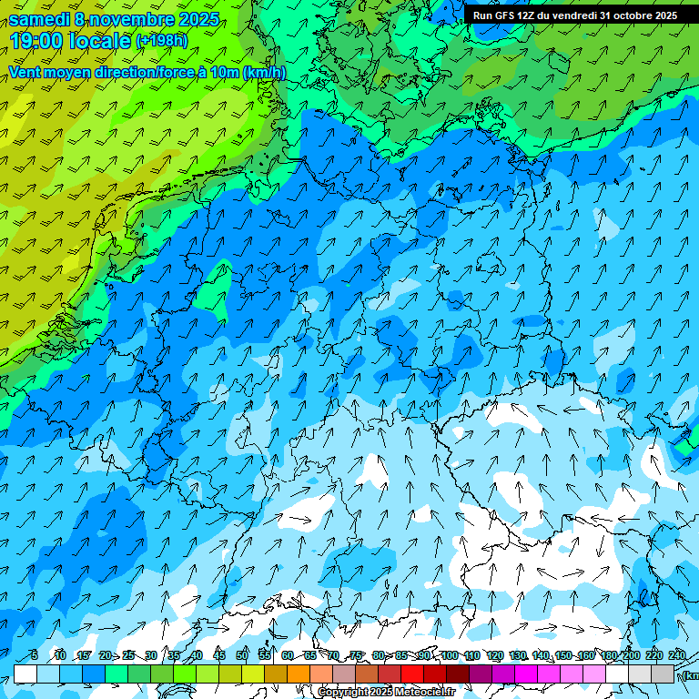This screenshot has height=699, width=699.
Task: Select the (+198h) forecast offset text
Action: [161, 41]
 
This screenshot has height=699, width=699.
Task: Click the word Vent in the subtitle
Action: [25, 73]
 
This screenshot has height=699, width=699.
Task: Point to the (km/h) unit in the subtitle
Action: [265, 73]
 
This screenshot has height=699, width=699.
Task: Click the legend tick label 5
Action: [34, 655]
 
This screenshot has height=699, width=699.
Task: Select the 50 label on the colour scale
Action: [242, 655]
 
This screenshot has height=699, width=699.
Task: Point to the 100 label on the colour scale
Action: [449, 655]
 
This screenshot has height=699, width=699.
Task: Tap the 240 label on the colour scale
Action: [676, 655]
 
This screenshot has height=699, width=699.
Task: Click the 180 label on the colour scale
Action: [608, 655]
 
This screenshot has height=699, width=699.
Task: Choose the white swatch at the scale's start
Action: [25, 674]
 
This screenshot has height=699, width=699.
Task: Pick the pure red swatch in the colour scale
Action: [412, 674]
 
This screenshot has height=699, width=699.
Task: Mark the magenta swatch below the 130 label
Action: [526, 674]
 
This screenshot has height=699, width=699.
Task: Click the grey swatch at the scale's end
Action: [663, 674]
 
